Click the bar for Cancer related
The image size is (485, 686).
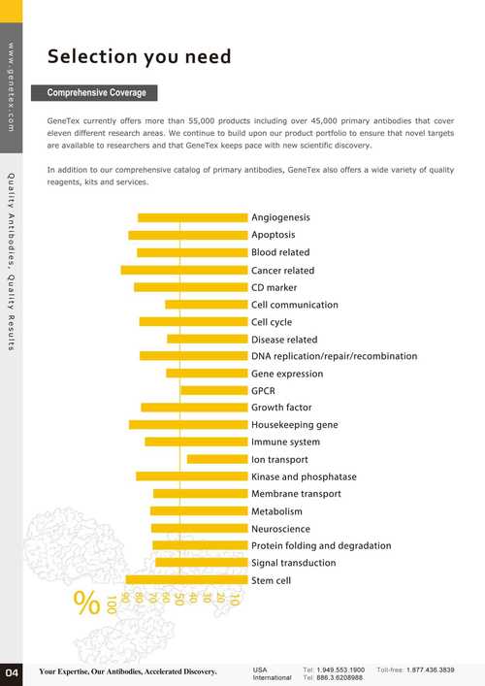[x=184, y=271]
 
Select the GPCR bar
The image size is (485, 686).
[x=214, y=391]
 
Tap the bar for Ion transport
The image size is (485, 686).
[x=217, y=459]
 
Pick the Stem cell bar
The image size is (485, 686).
[x=187, y=579]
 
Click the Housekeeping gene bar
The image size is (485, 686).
[x=188, y=425]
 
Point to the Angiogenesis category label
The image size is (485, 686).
[x=280, y=218]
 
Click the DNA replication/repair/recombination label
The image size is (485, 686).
[x=334, y=356]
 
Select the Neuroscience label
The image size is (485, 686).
[x=280, y=529]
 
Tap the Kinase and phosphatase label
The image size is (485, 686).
[x=304, y=476]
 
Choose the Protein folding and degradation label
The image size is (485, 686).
[x=321, y=545]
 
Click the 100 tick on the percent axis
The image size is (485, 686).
[x=112, y=604]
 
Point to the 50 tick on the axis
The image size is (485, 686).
[x=178, y=599]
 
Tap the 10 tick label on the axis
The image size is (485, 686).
[x=234, y=599]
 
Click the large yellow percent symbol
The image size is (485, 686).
[x=86, y=603]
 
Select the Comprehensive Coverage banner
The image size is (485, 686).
[x=94, y=93]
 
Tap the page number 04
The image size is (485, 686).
[x=12, y=672]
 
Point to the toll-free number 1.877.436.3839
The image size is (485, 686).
[x=431, y=670]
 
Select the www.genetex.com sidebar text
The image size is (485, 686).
[x=11, y=86]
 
